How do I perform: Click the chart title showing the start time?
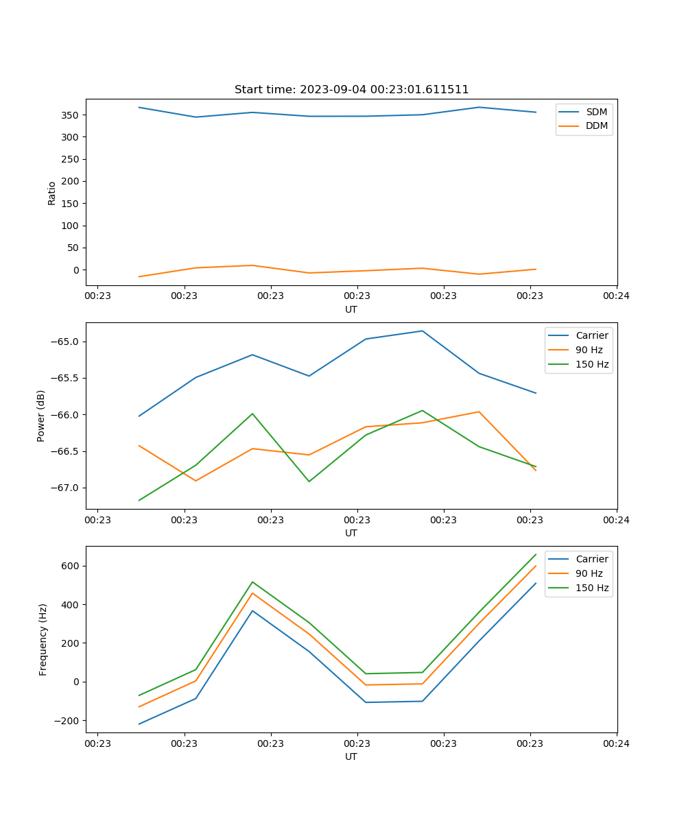click(351, 90)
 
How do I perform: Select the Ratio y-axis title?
click(52, 193)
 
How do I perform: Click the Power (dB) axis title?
click(41, 416)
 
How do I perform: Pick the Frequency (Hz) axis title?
click(43, 639)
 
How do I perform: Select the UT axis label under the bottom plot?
click(351, 756)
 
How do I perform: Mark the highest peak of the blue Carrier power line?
click(422, 331)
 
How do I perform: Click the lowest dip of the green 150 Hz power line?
click(139, 500)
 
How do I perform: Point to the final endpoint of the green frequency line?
click(536, 554)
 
